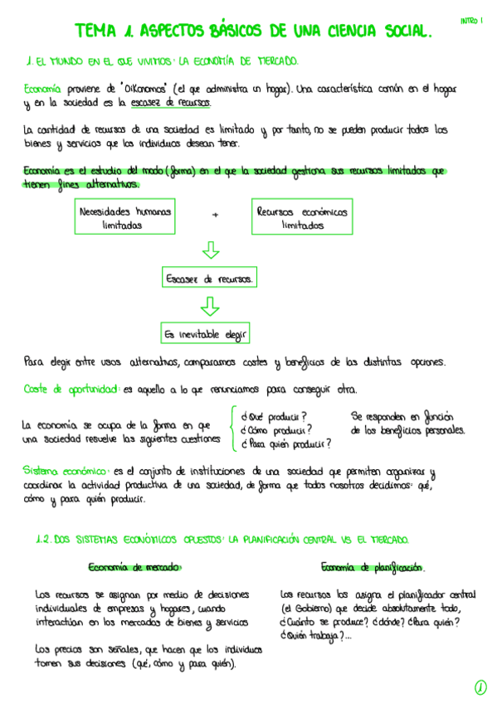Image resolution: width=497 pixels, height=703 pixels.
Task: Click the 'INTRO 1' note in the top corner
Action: [471, 19]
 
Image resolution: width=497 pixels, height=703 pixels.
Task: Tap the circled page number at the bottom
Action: [480, 686]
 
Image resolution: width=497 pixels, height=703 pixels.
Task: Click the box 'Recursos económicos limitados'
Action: [302, 217]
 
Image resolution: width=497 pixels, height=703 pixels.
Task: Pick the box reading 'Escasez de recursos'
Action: [210, 279]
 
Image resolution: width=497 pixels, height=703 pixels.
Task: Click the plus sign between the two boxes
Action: [215, 216]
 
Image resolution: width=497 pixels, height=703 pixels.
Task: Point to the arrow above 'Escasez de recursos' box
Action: [211, 250]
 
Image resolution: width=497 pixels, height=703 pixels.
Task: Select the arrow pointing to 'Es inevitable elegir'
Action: [211, 306]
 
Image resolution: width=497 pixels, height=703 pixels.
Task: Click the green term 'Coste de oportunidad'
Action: [71, 388]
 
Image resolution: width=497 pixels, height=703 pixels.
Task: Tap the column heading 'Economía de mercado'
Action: [134, 567]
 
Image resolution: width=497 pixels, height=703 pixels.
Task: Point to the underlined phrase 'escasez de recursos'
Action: [169, 103]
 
